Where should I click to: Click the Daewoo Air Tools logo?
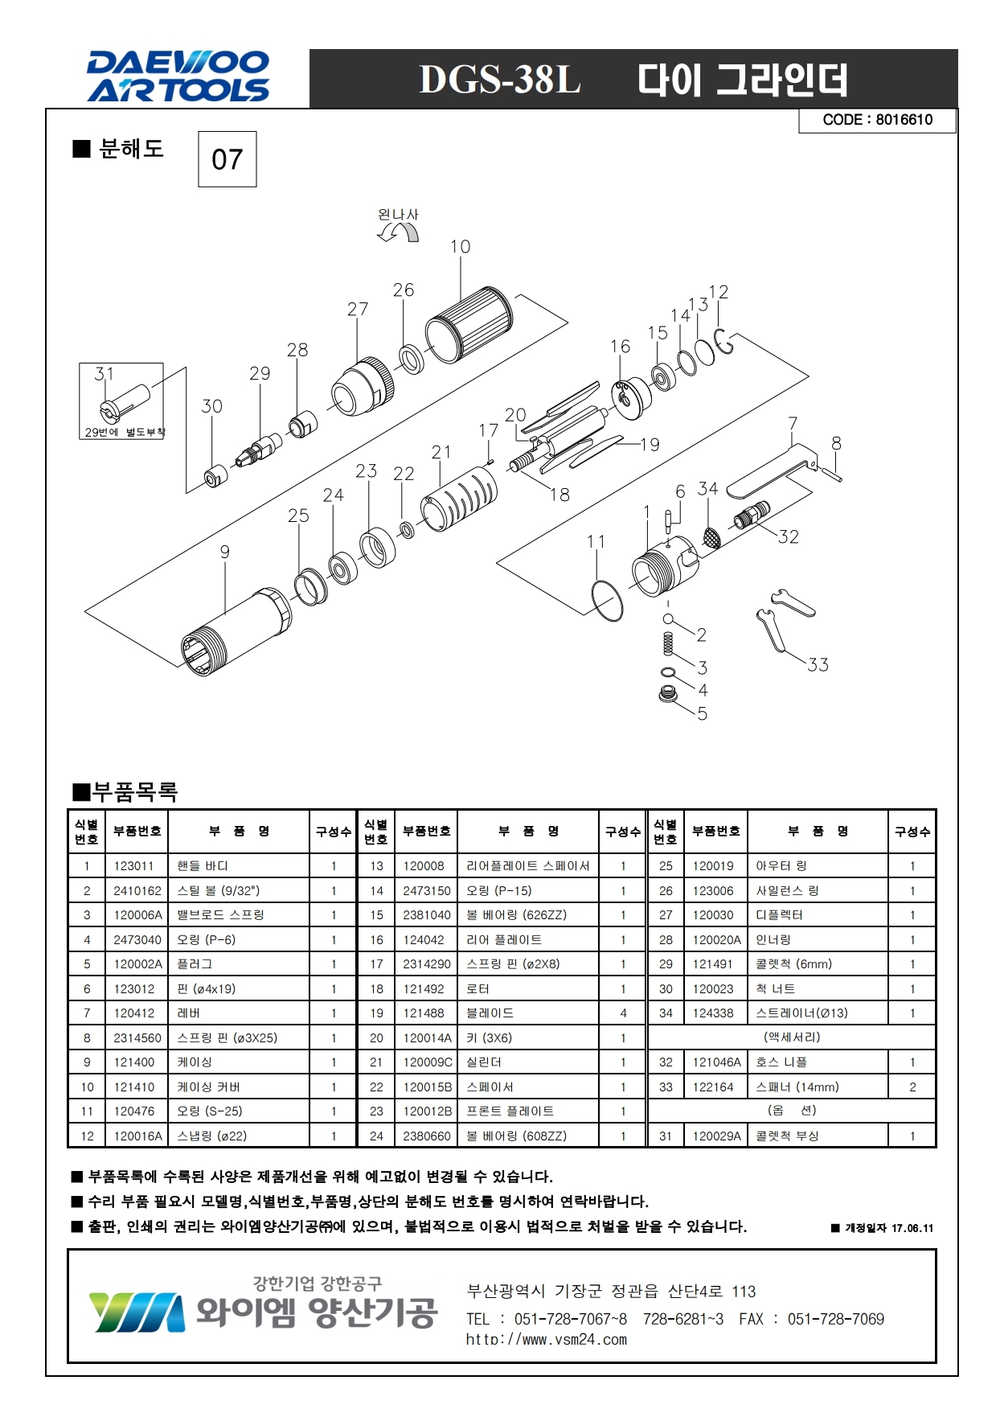tap(178, 77)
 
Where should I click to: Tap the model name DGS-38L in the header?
tap(499, 80)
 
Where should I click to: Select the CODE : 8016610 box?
tap(877, 120)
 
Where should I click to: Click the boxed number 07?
tap(227, 159)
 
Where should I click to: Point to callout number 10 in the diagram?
tap(460, 247)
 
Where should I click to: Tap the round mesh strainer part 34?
tap(711, 536)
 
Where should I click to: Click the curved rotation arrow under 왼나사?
tap(399, 232)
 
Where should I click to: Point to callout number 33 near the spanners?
tap(818, 664)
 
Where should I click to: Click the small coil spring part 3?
tap(667, 644)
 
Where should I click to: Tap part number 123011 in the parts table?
tap(133, 866)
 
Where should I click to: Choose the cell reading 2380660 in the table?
tap(427, 1136)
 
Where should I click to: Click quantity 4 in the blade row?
tap(623, 1013)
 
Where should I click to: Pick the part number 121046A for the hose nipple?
tap(716, 1062)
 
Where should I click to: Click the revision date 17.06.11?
tap(912, 1228)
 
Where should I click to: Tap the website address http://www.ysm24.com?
tap(546, 1339)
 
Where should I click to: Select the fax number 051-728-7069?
tap(835, 1319)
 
